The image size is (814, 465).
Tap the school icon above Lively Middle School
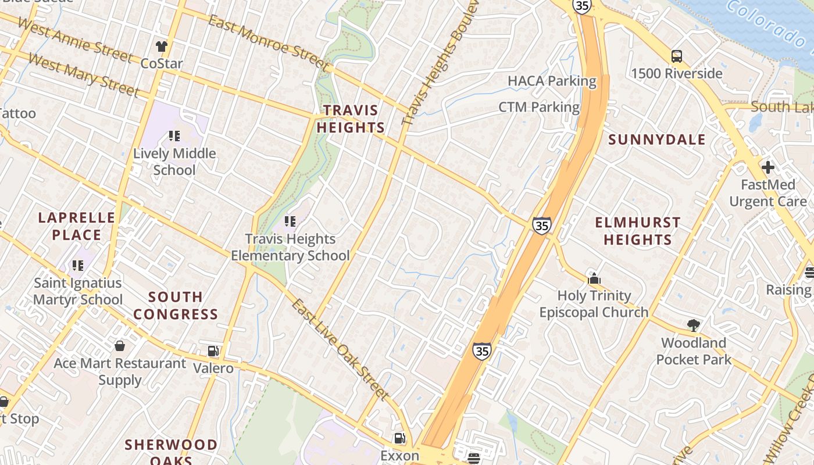pyautogui.click(x=174, y=136)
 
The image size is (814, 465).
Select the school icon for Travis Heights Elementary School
pyautogui.click(x=290, y=221)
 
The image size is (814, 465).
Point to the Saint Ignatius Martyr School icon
pyautogui.click(x=78, y=266)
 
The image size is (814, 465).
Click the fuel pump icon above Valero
pyautogui.click(x=213, y=350)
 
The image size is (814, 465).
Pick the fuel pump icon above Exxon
pyautogui.click(x=399, y=438)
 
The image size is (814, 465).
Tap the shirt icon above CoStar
pyautogui.click(x=162, y=46)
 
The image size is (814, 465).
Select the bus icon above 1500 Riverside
pyautogui.click(x=676, y=56)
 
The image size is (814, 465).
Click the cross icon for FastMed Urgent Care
pyautogui.click(x=767, y=167)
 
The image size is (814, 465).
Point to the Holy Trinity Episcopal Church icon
pyautogui.click(x=594, y=278)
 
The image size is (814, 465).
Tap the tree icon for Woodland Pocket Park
pyautogui.click(x=693, y=325)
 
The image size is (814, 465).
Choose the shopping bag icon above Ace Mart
pyautogui.click(x=120, y=346)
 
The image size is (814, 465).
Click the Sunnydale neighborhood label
pyautogui.click(x=656, y=139)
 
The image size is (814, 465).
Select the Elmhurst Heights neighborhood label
pyautogui.click(x=637, y=231)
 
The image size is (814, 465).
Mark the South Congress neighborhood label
pyautogui.click(x=175, y=306)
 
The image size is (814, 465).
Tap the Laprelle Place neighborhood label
pyautogui.click(x=77, y=226)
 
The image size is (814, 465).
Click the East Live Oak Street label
pyautogui.click(x=340, y=350)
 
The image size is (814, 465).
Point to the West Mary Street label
pyautogui.click(x=84, y=74)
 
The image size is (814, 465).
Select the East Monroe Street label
pyautogui.click(x=269, y=44)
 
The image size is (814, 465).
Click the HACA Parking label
pyautogui.click(x=552, y=81)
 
